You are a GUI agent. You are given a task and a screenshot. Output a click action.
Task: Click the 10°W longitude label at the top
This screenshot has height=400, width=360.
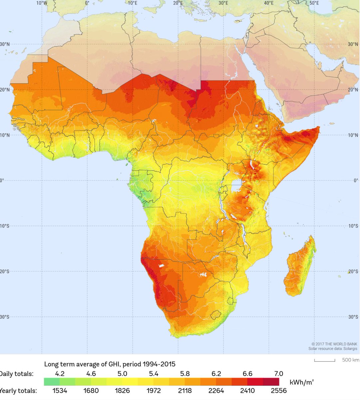(x=42, y=3)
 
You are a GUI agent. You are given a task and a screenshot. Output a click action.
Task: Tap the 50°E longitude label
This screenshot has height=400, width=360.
(x=314, y=3)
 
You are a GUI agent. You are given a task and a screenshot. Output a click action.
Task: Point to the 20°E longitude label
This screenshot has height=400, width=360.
(x=178, y=3)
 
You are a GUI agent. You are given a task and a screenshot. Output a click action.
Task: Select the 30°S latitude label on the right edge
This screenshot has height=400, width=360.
(x=353, y=317)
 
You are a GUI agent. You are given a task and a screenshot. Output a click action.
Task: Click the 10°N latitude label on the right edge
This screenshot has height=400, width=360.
(x=353, y=135)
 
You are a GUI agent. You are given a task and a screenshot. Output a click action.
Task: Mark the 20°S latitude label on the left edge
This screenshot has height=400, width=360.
(x=5, y=271)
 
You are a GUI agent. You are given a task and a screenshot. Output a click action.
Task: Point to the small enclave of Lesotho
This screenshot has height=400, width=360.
(x=216, y=315)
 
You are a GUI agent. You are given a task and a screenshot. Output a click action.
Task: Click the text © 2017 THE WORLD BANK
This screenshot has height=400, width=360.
(x=334, y=344)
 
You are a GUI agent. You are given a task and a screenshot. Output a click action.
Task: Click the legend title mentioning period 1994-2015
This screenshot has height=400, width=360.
(x=110, y=364)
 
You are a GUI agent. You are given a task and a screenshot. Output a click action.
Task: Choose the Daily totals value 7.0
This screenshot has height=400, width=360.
(x=278, y=373)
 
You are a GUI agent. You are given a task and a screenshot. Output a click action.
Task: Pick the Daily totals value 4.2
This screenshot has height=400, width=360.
(x=60, y=373)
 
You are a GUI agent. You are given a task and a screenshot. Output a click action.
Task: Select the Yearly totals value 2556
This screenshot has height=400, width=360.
(x=278, y=390)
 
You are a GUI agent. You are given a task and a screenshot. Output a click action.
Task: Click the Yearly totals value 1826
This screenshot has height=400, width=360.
(x=122, y=390)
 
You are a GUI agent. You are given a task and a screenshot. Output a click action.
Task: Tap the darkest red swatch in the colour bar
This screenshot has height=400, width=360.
(x=271, y=382)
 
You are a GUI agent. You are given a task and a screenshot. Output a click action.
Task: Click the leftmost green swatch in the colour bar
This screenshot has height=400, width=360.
(x=52, y=382)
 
